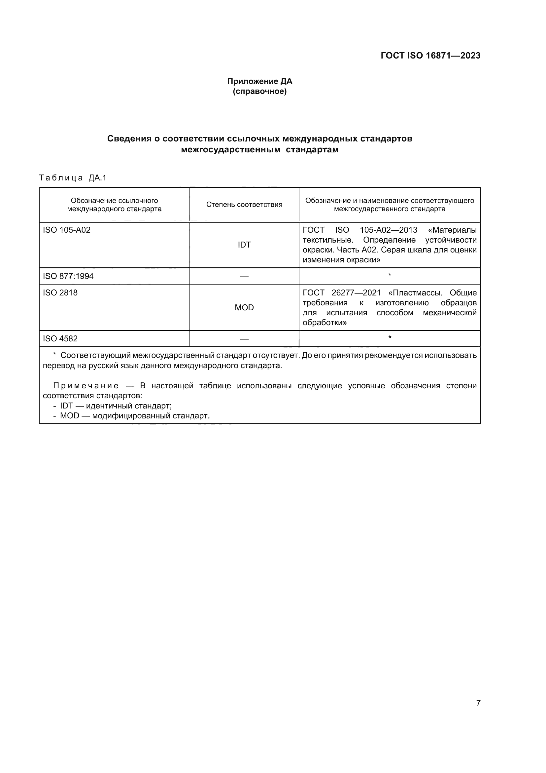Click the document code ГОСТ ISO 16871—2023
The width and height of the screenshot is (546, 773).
430,56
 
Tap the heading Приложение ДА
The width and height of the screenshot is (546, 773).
259,81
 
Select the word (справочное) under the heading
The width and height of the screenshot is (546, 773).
259,91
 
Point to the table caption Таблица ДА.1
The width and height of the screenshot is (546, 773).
73,178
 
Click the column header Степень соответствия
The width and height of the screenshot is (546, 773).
244,205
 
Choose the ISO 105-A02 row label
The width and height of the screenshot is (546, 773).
67,230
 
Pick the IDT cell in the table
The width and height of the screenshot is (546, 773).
244,245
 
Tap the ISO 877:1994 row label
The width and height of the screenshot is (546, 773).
68,276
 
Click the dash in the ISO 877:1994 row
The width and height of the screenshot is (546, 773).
244,276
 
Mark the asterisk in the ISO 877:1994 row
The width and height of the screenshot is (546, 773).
390,275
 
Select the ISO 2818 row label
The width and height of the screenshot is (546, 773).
60,292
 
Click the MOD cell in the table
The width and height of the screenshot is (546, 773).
244,307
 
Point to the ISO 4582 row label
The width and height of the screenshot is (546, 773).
60,338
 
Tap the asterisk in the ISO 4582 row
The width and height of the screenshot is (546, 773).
390,337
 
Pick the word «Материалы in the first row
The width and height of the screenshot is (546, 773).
452,230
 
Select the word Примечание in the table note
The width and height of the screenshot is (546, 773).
86,385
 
